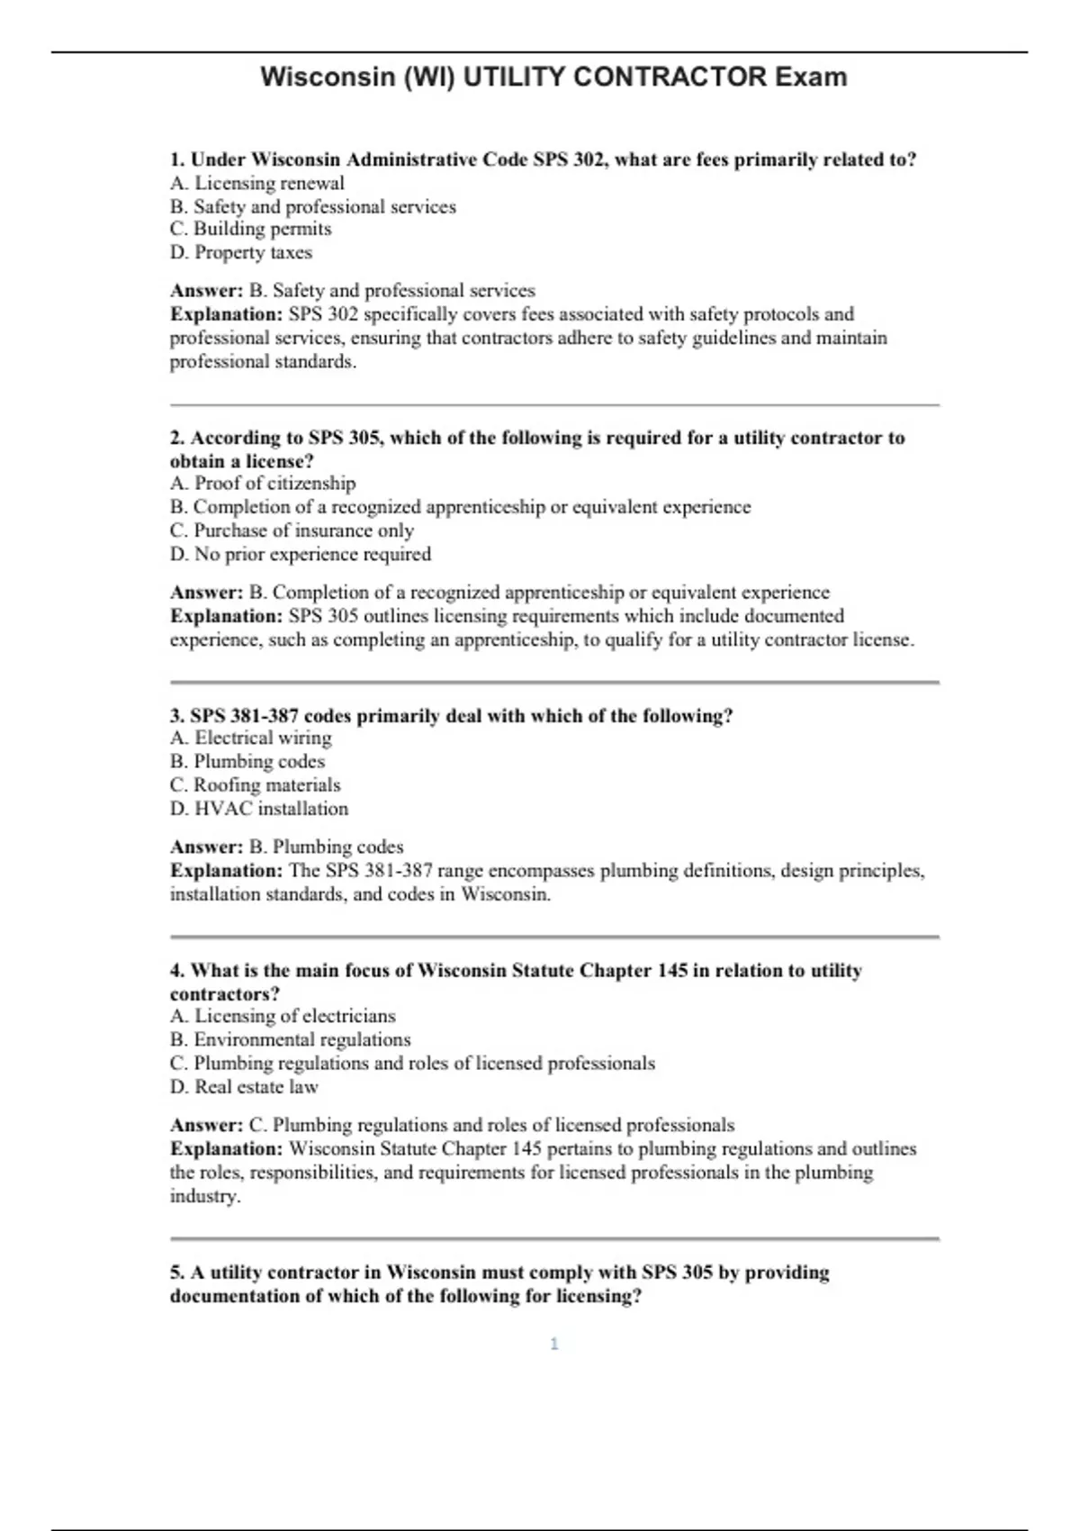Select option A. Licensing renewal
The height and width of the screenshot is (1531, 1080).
click(x=257, y=183)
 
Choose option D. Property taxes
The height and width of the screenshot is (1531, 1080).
click(x=241, y=252)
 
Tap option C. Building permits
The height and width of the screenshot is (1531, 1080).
click(x=251, y=229)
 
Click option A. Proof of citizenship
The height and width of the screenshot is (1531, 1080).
click(x=263, y=484)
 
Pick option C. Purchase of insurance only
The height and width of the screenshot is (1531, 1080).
click(x=292, y=530)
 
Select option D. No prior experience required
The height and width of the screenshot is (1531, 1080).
click(x=301, y=554)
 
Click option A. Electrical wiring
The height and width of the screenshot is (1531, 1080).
click(x=251, y=738)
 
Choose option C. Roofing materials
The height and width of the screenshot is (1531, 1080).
click(x=256, y=784)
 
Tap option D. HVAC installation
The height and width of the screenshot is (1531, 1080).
click(x=259, y=809)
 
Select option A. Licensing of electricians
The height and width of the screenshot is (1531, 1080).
click(x=283, y=1016)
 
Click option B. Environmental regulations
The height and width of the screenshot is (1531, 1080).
click(x=291, y=1039)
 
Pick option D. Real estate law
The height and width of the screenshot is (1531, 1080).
click(x=245, y=1087)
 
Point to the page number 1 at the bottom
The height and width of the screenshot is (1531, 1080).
click(x=554, y=1344)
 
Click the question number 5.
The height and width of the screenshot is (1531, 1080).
click(x=176, y=1273)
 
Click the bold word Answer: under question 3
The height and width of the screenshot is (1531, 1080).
click(x=207, y=847)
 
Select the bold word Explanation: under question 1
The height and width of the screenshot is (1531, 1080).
click(x=227, y=314)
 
